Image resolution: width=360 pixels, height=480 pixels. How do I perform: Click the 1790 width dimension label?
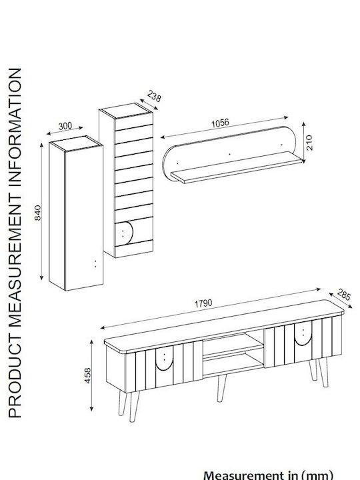coord(203,303)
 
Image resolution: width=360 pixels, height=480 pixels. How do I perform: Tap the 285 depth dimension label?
coord(344,295)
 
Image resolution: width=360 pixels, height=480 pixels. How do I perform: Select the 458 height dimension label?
coord(87,375)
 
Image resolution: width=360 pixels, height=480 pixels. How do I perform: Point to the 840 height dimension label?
coord(37,213)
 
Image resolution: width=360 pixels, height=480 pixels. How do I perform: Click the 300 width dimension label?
coord(65,126)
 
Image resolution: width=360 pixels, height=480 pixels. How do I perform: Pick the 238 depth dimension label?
coord(154,96)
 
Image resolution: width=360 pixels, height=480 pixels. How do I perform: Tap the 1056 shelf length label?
coord(220,123)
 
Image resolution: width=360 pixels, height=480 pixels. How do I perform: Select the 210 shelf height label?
coord(309,143)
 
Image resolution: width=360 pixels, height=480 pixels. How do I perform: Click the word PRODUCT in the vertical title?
coord(15,375)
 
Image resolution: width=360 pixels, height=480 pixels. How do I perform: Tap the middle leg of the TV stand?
coord(221,388)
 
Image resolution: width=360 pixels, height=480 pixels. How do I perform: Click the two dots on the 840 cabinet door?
coord(95,264)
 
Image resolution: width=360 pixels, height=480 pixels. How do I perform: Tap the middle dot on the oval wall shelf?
coord(230,154)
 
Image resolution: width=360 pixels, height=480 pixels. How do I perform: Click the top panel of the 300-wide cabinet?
coord(76,143)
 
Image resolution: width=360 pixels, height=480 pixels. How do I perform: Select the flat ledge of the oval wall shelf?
coord(236,167)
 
